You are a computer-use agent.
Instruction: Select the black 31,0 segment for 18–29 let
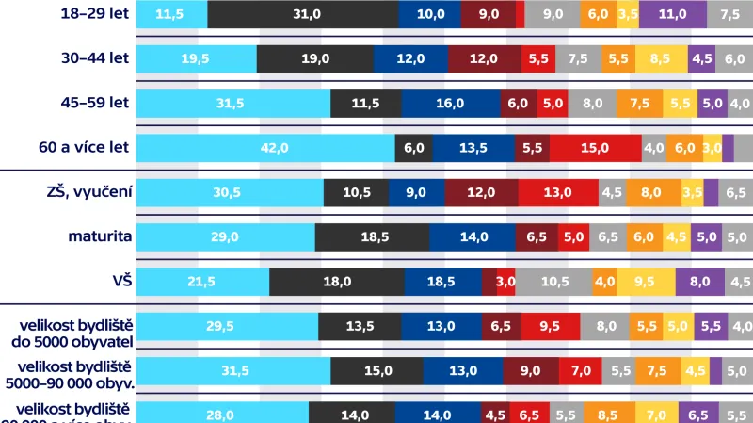pyautogui.click(x=302, y=15)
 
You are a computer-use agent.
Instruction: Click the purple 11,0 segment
pyautogui.click(x=672, y=15)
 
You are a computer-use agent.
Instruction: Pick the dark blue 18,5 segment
pyautogui.click(x=442, y=282)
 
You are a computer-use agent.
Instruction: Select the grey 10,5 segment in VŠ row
pyautogui.click(x=553, y=282)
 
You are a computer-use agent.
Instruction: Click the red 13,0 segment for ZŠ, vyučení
pyautogui.click(x=557, y=192)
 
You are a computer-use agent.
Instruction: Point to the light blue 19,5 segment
pyautogui.click(x=196, y=59)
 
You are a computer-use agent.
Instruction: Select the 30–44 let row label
pyautogui.click(x=92, y=59)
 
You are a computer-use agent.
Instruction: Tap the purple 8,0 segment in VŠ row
pyautogui.click(x=698, y=282)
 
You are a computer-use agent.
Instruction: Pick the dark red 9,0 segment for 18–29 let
pyautogui.click(x=489, y=15)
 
